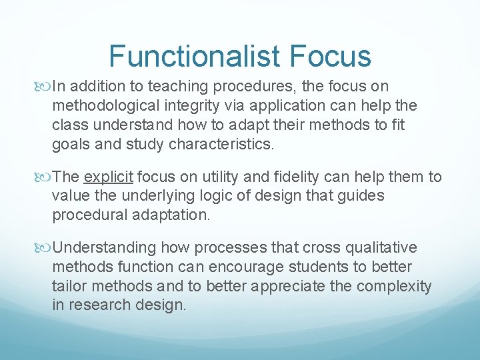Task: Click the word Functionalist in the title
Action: click(x=195, y=56)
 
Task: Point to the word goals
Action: click(x=71, y=145)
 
